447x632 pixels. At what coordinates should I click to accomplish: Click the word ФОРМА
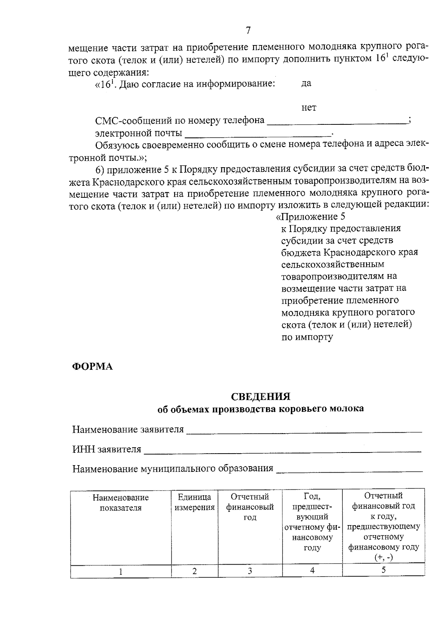point(92,366)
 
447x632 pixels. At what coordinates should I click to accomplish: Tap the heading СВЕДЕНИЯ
point(260,396)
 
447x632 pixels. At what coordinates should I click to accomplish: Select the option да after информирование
point(306,84)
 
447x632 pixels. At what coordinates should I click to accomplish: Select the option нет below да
point(309,108)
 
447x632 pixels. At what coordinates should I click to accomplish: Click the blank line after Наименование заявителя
point(304,431)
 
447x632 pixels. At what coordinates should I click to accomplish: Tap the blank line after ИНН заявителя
point(282,451)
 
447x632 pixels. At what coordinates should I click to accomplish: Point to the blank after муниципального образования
point(349,470)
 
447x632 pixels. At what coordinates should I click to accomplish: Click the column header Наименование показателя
point(121,503)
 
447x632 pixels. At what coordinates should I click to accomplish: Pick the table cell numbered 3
point(250,571)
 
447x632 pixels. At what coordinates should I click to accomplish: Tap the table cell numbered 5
point(383,570)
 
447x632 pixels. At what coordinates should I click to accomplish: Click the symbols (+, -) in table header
point(383,558)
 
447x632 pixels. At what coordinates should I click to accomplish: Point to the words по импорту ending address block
point(307,337)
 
